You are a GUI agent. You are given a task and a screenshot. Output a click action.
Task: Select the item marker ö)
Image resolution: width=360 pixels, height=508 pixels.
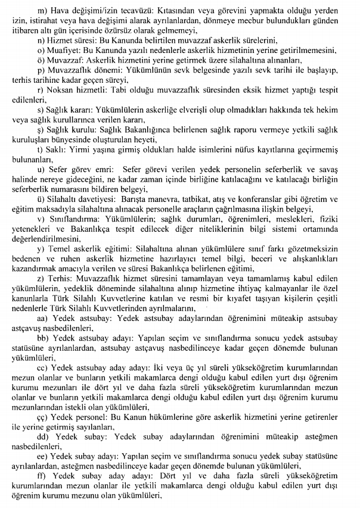41,61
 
